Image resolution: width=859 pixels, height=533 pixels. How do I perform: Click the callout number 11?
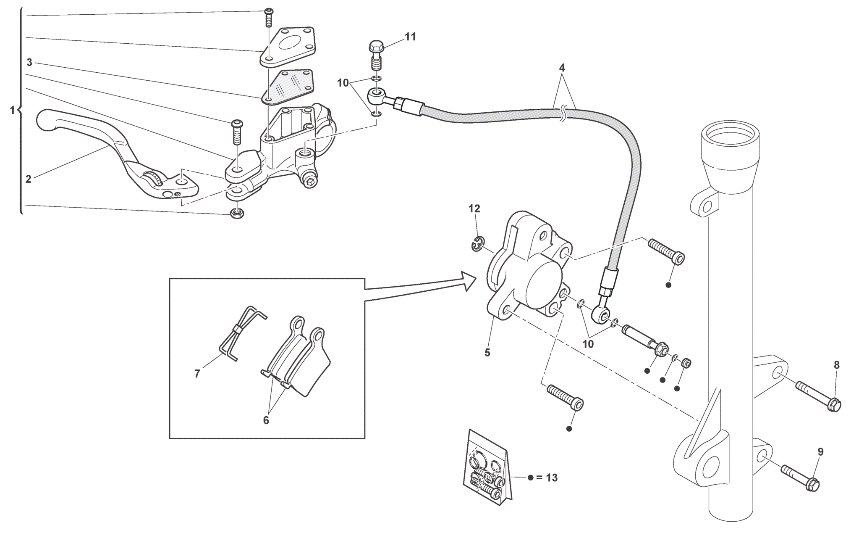[x=410, y=37]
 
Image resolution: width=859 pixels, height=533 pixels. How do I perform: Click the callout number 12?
[x=474, y=208]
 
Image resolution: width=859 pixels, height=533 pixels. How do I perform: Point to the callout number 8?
[x=836, y=365]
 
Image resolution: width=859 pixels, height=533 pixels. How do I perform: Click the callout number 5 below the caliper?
[x=487, y=353]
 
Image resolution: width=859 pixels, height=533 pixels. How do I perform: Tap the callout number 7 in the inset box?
[x=197, y=374]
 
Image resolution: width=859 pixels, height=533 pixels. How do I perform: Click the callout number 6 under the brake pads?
[x=266, y=420]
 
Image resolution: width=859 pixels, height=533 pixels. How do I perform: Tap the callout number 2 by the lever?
[x=28, y=179]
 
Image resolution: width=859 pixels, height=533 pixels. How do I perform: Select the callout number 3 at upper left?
[x=29, y=63]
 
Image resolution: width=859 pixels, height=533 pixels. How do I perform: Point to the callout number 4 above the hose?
[x=562, y=68]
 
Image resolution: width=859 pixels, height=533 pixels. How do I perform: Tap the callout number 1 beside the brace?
[x=13, y=110]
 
